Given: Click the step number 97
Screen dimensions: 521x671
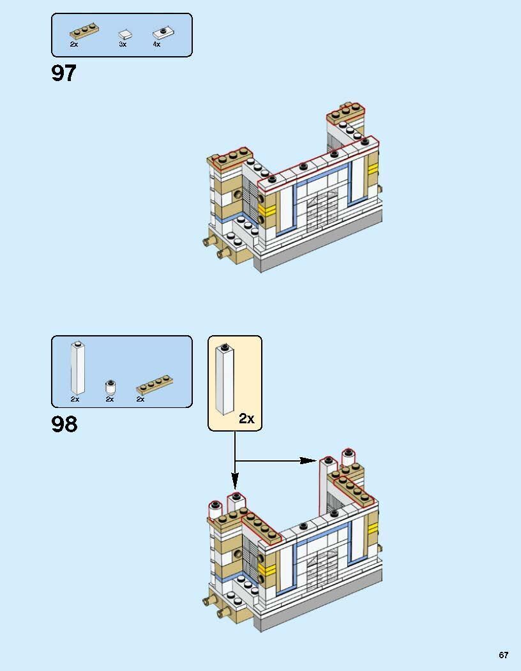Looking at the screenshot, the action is [64, 73].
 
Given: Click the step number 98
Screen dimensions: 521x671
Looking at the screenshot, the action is [64, 424].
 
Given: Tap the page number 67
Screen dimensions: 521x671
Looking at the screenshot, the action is [504, 655].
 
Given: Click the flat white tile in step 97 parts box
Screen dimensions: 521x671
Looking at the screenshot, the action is [125, 35].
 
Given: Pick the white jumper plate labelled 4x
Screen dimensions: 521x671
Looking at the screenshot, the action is [163, 33].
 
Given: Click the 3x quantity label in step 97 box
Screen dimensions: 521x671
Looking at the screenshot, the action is [123, 44].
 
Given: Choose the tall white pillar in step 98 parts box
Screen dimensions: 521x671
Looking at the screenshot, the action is [77, 368].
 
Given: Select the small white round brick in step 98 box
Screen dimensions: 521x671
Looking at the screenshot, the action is [110, 388].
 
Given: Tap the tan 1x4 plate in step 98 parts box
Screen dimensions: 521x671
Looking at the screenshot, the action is [155, 384].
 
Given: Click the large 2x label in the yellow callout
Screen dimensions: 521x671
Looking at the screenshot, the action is [246, 418].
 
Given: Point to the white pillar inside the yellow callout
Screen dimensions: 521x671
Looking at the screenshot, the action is [225, 379].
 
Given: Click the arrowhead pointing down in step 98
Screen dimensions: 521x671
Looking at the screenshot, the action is [234, 481].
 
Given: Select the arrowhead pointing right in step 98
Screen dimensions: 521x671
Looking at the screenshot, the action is [308, 460].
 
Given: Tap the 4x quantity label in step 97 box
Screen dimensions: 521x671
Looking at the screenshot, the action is [156, 44].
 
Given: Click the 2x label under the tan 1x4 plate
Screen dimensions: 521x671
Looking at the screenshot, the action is [140, 399].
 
